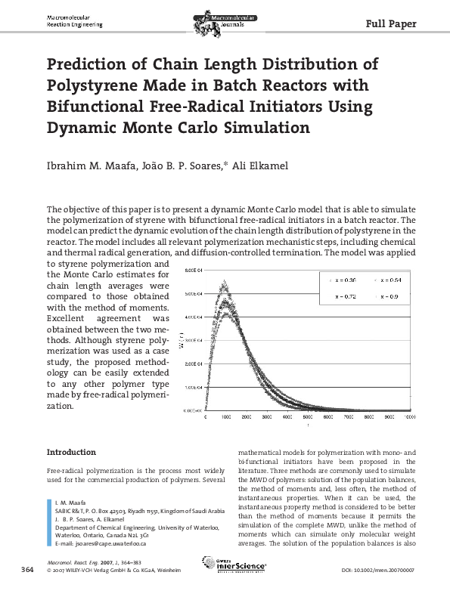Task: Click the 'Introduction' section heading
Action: point(71,452)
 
